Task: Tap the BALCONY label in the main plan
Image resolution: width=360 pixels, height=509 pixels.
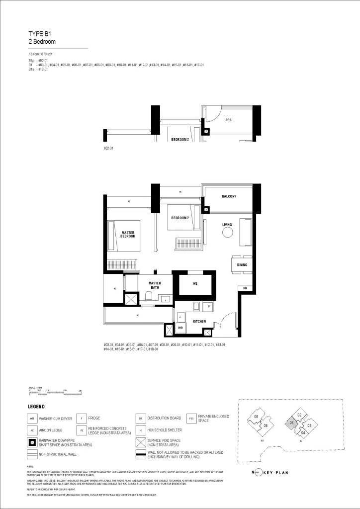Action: tap(228, 196)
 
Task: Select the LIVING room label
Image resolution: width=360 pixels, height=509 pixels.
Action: tap(227, 225)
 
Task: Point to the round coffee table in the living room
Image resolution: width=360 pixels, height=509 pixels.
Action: tap(227, 233)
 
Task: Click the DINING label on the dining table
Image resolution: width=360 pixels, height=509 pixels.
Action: tap(242, 265)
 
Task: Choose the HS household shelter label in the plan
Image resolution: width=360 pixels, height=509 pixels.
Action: tap(195, 284)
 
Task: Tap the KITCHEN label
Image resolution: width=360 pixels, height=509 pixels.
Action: tap(200, 322)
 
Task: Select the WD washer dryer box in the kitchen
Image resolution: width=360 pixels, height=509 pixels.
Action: tap(180, 328)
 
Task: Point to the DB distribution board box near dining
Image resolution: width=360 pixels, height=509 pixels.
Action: tap(245, 288)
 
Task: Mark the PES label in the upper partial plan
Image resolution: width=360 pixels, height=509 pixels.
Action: tap(228, 120)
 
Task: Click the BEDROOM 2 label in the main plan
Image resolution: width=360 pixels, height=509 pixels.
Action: tap(180, 218)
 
